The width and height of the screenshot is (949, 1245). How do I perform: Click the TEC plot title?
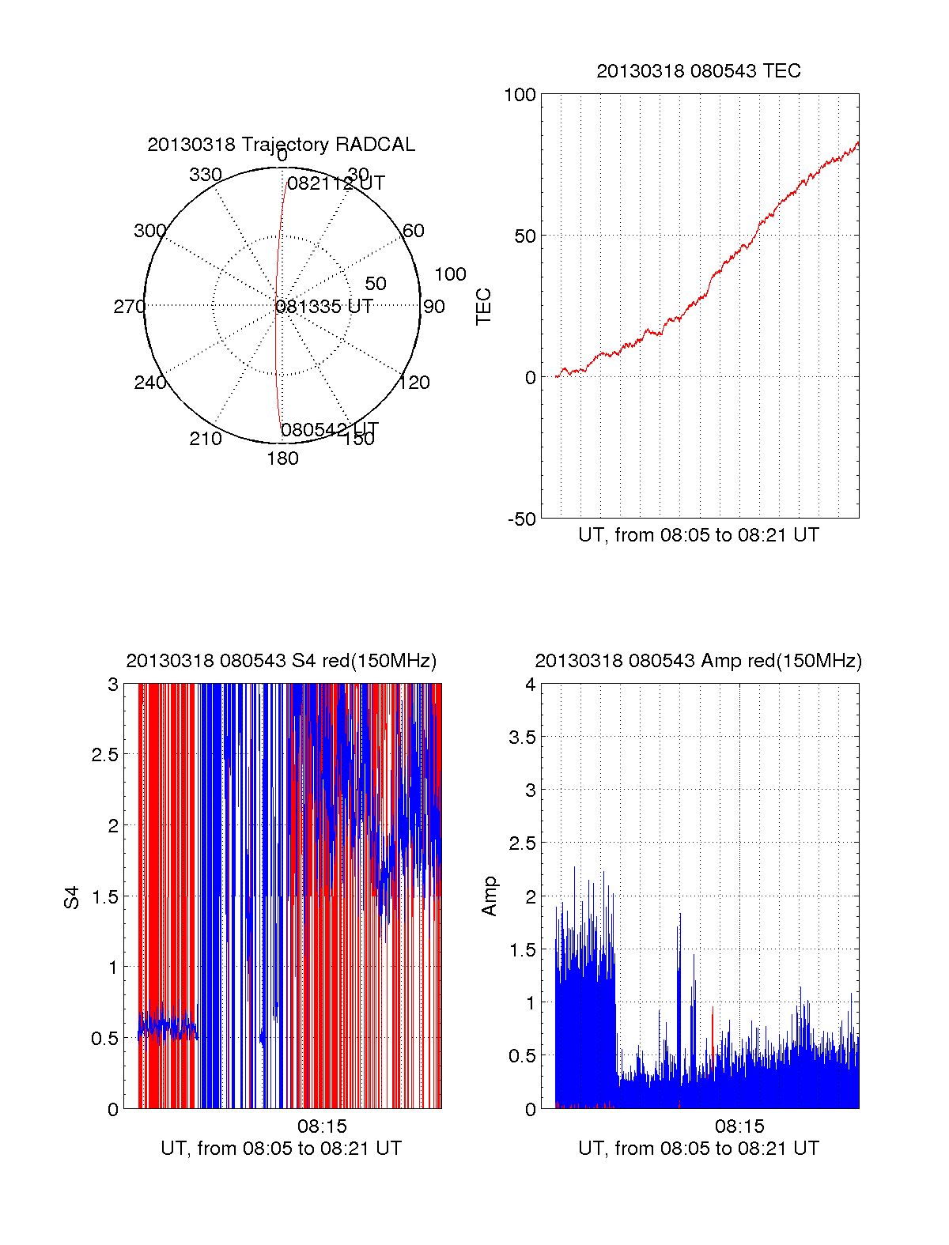pos(698,71)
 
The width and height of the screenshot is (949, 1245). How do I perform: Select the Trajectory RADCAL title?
pos(281,145)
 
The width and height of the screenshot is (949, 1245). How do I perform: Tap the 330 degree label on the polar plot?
pos(206,175)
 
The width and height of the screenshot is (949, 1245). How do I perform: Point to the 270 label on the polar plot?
pos(129,307)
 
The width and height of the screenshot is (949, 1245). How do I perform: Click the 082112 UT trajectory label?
pos(335,183)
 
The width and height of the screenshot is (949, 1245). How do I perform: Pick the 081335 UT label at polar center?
pos(324,307)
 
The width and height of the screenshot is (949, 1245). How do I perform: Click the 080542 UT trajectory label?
pos(330,429)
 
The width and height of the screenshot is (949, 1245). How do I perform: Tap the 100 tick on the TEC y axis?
pos(520,95)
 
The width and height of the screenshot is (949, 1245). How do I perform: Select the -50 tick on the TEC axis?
pos(521,519)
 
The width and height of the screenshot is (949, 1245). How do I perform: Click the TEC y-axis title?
pos(483,307)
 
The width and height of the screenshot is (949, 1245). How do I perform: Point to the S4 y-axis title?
pos(72,897)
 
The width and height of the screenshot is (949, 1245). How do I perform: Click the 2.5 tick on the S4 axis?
pos(105,755)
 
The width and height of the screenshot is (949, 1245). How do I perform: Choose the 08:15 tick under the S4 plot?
pos(322,1126)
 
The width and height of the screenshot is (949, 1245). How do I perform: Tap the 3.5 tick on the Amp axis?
pos(522,738)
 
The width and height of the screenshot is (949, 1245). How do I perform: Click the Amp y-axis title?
pos(490,896)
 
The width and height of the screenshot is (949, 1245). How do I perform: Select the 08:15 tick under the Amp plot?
pos(739,1126)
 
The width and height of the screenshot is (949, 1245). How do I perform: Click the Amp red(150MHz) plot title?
pos(698,661)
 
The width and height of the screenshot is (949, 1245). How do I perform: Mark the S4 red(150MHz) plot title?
pos(281,661)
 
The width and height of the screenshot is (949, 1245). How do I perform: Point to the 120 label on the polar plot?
pos(414,383)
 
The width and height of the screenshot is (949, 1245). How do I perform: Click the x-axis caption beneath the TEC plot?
pos(698,535)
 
